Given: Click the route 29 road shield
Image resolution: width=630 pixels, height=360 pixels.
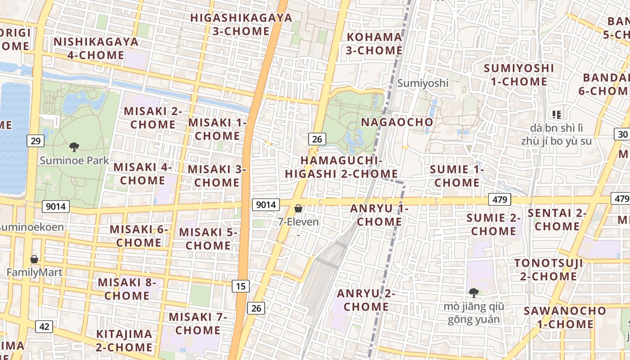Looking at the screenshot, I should coord(36,141).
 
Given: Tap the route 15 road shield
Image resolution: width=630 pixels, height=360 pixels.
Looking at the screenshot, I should coord(241,285).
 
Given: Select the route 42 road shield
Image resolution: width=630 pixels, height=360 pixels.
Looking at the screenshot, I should coord(44,326).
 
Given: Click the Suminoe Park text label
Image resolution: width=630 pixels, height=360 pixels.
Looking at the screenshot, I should coord(74,161).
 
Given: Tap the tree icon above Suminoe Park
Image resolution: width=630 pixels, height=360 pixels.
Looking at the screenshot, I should coord(74,147).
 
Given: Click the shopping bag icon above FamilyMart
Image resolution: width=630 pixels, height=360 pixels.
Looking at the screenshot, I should coord(34,259).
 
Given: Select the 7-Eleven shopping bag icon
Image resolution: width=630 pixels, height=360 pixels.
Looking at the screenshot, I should coord(298,208).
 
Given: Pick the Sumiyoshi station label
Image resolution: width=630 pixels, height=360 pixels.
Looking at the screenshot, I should coord(423,83).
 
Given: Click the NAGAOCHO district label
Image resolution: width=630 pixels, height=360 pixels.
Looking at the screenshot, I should coord(397,122).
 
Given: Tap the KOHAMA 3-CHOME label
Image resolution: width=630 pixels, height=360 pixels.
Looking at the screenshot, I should coord(374,44).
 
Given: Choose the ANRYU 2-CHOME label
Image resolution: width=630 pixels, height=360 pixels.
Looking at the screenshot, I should coord(366,300).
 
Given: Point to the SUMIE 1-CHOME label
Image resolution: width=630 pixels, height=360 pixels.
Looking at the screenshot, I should coord(457,176).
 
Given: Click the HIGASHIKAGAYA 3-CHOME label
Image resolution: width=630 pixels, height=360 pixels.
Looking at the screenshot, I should coord(241,24).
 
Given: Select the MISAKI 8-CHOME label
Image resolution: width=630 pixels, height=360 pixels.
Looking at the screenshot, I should coord(127,289).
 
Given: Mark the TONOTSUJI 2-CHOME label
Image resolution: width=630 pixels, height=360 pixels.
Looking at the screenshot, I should coord(549,269).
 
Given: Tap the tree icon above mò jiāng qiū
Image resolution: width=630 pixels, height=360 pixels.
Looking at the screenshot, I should coord(473,293).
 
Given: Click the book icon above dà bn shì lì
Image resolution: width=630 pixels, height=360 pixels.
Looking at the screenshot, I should coord(557,115).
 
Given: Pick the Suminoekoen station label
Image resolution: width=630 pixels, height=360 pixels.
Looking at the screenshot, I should coord(31,227).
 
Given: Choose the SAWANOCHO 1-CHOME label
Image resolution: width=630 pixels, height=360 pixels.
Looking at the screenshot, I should coord(565,317).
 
